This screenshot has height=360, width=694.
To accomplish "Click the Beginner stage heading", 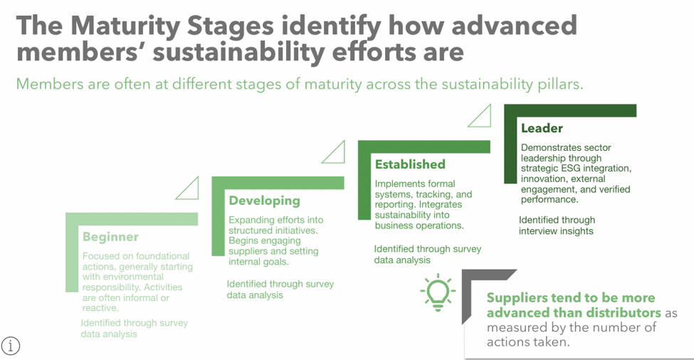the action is click(110, 237).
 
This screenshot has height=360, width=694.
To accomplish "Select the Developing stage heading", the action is click(264, 201).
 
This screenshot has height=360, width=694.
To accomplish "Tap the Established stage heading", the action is click(410, 164).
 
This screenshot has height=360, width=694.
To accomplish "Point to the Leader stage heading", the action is click(542, 128).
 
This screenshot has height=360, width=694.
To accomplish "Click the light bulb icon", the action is click(438, 292).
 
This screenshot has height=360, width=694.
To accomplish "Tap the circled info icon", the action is click(10, 345).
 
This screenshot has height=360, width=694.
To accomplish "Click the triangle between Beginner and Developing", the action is click(187, 188).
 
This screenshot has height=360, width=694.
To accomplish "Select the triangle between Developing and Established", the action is click(333, 152).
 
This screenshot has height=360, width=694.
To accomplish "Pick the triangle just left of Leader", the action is click(479, 115).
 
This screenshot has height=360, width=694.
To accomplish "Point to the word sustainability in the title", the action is click(239, 52).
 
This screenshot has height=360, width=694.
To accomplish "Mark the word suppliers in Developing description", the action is click(248, 251).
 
